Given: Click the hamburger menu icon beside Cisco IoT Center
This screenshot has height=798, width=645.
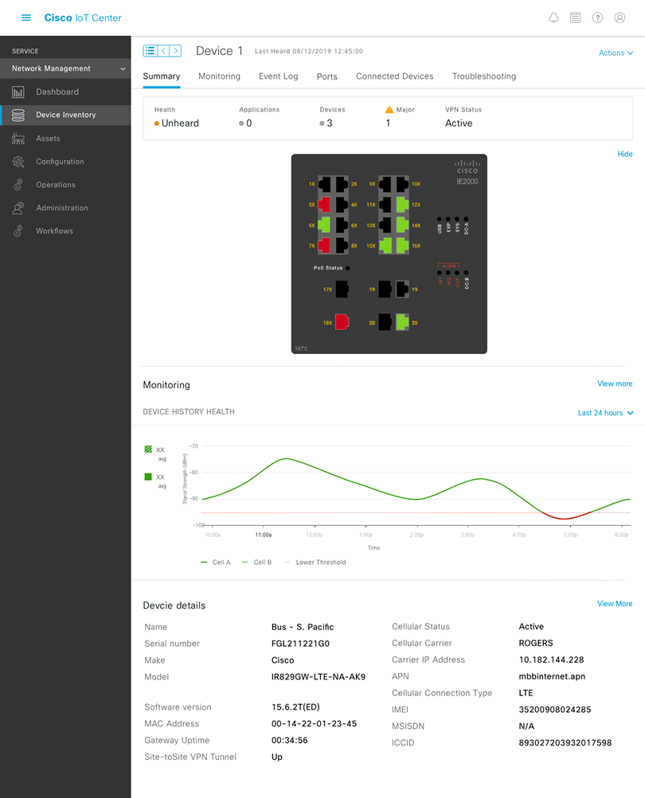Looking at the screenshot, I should pyautogui.click(x=26, y=18).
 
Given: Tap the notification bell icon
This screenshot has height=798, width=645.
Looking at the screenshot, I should pyautogui.click(x=553, y=18).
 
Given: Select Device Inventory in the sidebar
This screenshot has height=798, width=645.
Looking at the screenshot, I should pyautogui.click(x=65, y=115).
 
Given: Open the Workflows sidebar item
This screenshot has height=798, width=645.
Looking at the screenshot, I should pyautogui.click(x=54, y=231).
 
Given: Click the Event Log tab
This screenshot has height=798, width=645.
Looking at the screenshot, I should pyautogui.click(x=278, y=76).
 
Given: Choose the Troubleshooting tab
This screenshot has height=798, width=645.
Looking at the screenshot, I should pyautogui.click(x=483, y=76).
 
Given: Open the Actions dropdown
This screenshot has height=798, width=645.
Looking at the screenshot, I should pyautogui.click(x=616, y=53).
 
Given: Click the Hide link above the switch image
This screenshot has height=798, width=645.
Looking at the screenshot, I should pyautogui.click(x=624, y=154).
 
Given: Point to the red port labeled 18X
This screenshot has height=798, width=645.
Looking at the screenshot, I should pyautogui.click(x=342, y=321).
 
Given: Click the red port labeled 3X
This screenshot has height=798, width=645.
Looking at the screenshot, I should pyautogui.click(x=325, y=204).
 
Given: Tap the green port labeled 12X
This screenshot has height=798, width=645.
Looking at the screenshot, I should pyautogui.click(x=401, y=204).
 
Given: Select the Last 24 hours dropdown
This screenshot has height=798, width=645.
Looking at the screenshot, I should pyautogui.click(x=605, y=413).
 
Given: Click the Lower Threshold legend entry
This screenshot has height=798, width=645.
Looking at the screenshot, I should pyautogui.click(x=320, y=562).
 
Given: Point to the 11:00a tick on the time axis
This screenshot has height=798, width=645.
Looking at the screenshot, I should pyautogui.click(x=263, y=535).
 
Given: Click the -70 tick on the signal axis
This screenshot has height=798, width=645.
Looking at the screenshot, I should pyautogui.click(x=193, y=446).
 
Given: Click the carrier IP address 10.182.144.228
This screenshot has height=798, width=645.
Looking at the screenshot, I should pyautogui.click(x=551, y=660).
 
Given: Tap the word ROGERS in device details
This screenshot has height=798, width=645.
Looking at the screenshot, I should pyautogui.click(x=535, y=643).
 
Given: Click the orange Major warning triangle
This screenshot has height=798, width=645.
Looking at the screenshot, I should pyautogui.click(x=389, y=110).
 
